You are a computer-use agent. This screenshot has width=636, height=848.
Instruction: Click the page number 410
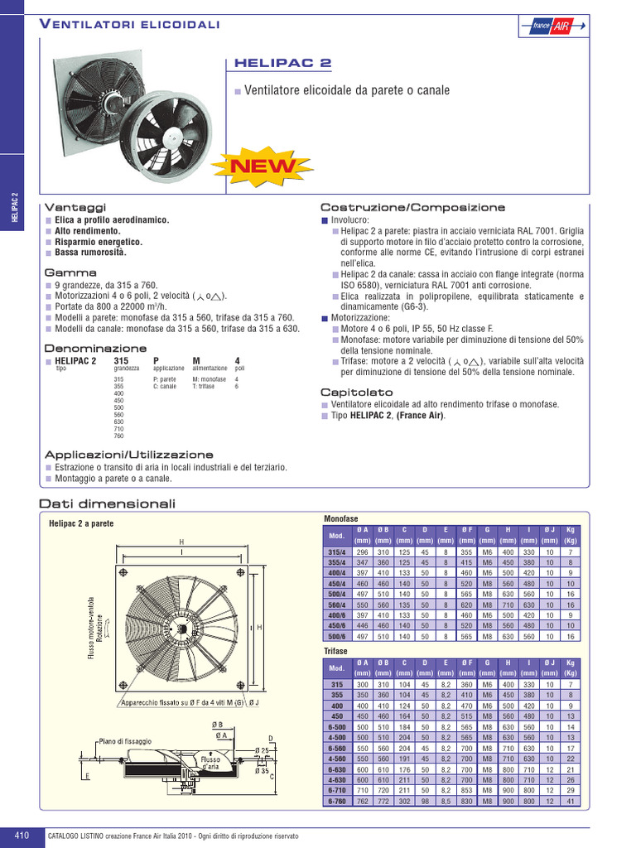tap(22, 836)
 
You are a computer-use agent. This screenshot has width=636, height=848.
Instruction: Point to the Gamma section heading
tap(70, 272)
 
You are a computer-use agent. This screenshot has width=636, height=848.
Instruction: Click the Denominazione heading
tap(95, 349)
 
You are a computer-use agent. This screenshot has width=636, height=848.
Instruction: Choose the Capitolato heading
tap(357, 392)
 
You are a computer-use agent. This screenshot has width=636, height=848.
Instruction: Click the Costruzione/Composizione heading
tap(412, 206)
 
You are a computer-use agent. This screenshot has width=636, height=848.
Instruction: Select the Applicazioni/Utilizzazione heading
tap(128, 455)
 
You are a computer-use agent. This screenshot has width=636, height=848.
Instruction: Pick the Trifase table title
tap(335, 652)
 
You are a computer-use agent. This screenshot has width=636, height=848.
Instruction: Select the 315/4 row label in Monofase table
tap(337, 552)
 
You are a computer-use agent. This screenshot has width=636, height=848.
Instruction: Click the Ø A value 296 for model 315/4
tap(362, 552)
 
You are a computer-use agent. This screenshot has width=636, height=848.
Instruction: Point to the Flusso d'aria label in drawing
tap(210, 763)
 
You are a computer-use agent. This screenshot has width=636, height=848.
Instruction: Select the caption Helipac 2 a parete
tap(81, 523)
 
